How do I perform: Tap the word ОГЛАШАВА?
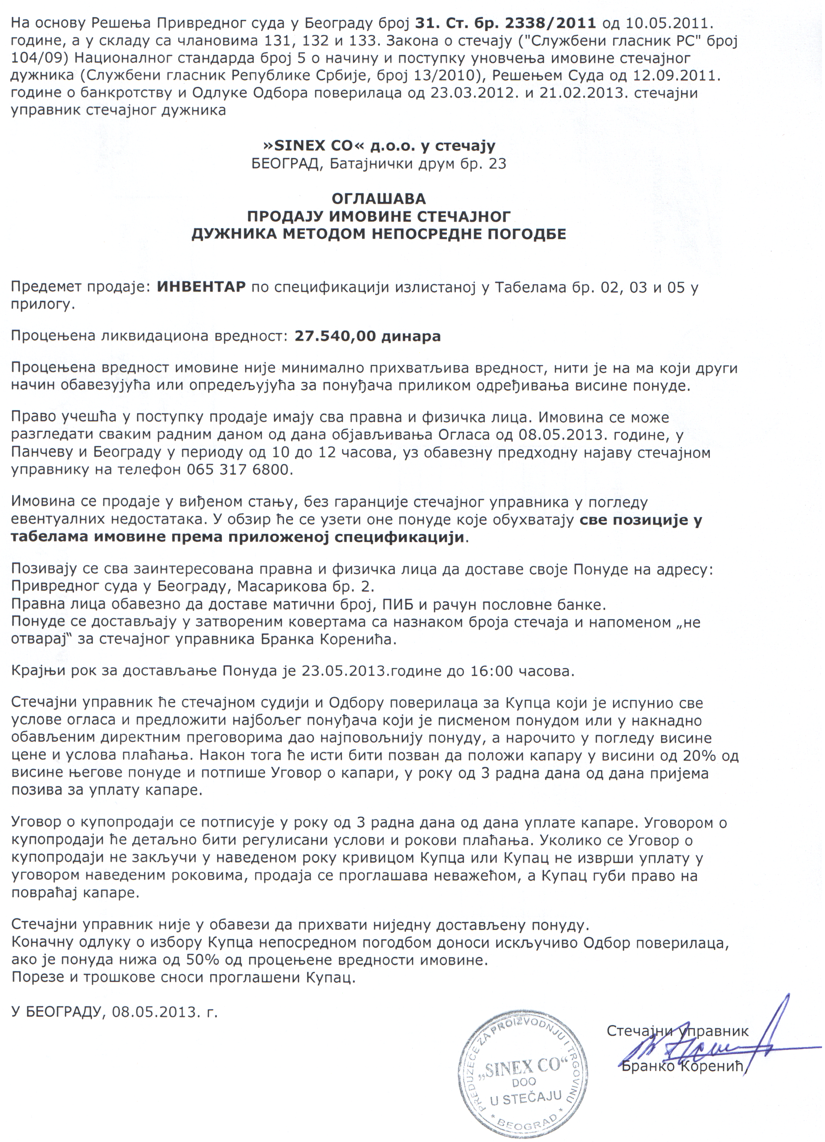click(x=379, y=198)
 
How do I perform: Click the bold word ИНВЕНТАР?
click(x=201, y=287)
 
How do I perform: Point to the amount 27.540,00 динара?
click(x=368, y=336)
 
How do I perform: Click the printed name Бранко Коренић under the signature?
click(x=682, y=1066)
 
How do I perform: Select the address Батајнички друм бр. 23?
click(x=418, y=164)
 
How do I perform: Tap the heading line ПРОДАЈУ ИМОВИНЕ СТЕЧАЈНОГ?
click(x=379, y=217)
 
